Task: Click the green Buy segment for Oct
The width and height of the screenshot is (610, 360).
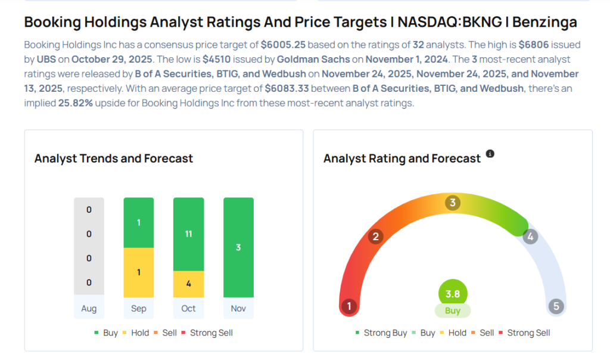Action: pyautogui.click(x=188, y=234)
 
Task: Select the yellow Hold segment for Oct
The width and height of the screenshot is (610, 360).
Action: pyautogui.click(x=188, y=284)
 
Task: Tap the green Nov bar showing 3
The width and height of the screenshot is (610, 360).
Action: pyautogui.click(x=238, y=247)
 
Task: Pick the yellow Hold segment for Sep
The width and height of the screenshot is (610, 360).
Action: pyautogui.click(x=139, y=272)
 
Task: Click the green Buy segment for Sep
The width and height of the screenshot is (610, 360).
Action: pyautogui.click(x=139, y=222)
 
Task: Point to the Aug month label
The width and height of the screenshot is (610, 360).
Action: pyautogui.click(x=89, y=309)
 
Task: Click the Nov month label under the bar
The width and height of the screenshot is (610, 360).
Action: pyautogui.click(x=238, y=309)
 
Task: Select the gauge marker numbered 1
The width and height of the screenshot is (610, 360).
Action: pyautogui.click(x=349, y=307)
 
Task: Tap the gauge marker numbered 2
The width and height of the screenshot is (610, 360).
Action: pyautogui.click(x=375, y=237)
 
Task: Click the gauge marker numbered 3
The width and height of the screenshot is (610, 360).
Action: pyautogui.click(x=453, y=203)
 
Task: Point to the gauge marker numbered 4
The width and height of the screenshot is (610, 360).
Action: pyautogui.click(x=530, y=237)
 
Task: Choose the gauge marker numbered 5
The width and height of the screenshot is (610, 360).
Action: pyautogui.click(x=556, y=307)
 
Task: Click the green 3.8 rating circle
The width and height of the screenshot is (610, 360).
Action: pyautogui.click(x=453, y=293)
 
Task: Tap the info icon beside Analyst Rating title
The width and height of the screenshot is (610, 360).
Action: pyautogui.click(x=490, y=154)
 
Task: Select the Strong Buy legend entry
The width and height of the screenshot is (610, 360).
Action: pyautogui.click(x=381, y=333)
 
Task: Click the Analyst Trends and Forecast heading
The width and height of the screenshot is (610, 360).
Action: pyautogui.click(x=114, y=159)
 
